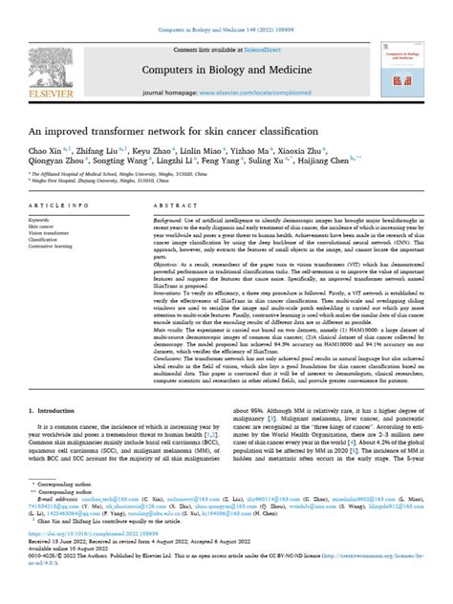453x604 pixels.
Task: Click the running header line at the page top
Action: coord(226,7)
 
